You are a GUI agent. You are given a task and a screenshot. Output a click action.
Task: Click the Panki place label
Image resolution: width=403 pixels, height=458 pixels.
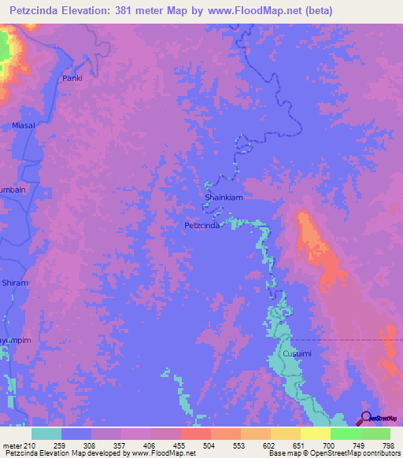click(72, 79)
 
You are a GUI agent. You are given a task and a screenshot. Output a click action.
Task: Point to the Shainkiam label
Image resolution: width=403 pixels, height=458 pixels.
click(224, 198)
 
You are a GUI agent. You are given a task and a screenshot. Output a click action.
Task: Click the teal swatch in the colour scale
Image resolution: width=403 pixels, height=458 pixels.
click(46, 434)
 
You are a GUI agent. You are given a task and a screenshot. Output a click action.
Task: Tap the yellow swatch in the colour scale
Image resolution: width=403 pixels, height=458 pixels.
click(316, 434)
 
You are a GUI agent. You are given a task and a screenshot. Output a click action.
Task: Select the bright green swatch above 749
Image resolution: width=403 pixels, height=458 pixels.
click(346, 434)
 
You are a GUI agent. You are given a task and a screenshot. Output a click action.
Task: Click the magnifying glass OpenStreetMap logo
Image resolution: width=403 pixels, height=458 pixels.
click(365, 417)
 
